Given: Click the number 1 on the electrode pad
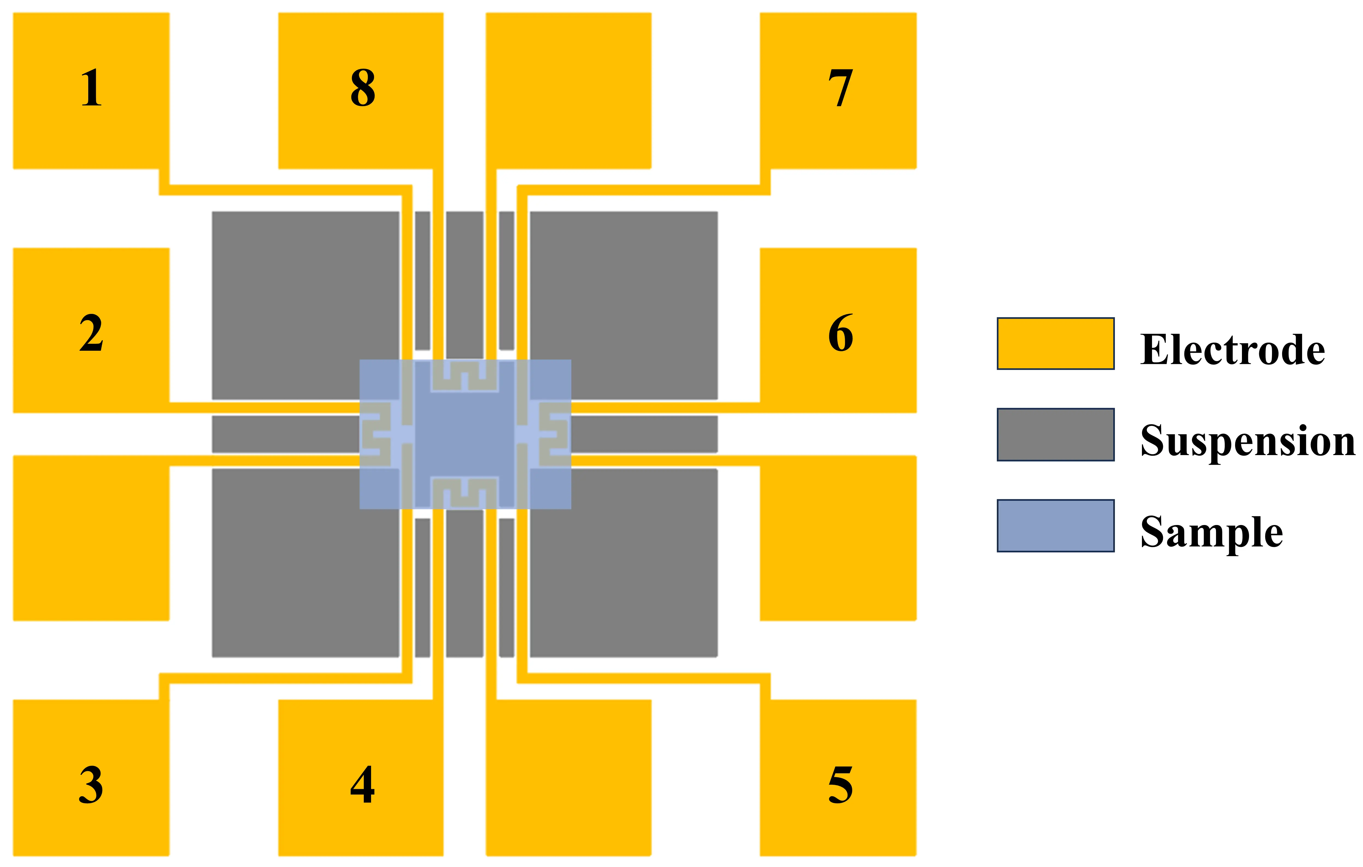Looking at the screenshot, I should pyautogui.click(x=91, y=88).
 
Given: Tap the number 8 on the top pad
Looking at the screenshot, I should pyautogui.click(x=363, y=88).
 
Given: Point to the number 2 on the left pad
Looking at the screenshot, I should pyautogui.click(x=91, y=334).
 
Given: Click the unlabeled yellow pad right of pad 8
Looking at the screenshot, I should pyautogui.click(x=568, y=90).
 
